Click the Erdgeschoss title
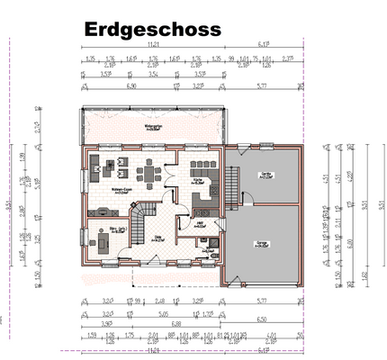[x=152, y=30]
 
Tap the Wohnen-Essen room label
[x=123, y=192]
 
